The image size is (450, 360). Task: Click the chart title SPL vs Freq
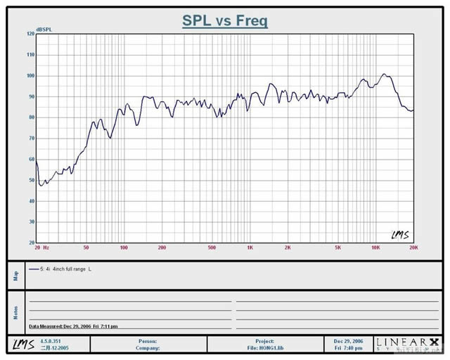[224, 21]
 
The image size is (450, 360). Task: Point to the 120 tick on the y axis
[30, 34]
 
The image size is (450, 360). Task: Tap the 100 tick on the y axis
[30, 75]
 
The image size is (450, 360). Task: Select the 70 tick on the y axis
[30, 139]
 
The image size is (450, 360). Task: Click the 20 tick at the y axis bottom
[30, 243]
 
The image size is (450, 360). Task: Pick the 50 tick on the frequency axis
[86, 247]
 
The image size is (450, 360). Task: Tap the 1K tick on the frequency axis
[250, 247]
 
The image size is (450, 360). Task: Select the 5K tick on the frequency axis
[337, 247]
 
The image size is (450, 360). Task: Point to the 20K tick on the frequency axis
[413, 247]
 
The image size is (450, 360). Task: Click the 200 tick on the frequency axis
[162, 247]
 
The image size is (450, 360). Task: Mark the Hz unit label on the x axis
[46, 247]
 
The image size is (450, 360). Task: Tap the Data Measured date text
[73, 326]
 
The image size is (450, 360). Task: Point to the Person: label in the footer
[148, 341]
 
